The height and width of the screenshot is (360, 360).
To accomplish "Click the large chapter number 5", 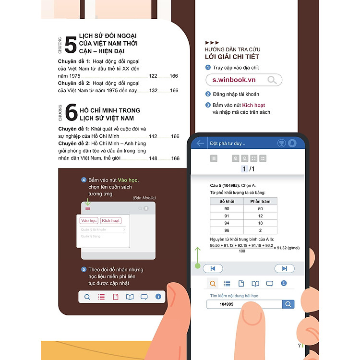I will pyautogui.click(x=71, y=45).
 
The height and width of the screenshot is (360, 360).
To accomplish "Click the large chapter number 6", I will pyautogui.click(x=71, y=113).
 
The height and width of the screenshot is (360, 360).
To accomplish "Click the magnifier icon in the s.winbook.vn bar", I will pyautogui.click(x=272, y=80).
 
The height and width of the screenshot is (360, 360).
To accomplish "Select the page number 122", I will pyautogui.click(x=153, y=76).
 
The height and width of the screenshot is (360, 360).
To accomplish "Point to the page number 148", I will pyautogui.click(x=153, y=158).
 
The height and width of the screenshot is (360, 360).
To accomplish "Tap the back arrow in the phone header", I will pyautogui.click(x=201, y=143).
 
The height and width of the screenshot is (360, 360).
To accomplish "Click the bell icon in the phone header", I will pyautogui.click(x=292, y=143).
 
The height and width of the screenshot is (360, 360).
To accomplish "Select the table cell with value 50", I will pyautogui.click(x=260, y=209).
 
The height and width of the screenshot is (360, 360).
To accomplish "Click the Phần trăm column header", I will pyautogui.click(x=260, y=201).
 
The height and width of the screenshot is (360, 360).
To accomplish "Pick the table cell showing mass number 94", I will pyautogui.click(x=227, y=223).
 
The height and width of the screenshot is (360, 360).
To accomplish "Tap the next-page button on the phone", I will pyautogui.click(x=284, y=268).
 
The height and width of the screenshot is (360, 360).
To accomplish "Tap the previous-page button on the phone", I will pyautogui.click(x=213, y=268).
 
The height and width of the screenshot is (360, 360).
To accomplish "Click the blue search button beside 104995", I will pyautogui.click(x=288, y=304).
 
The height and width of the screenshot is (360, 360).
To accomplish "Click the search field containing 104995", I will pyautogui.click(x=244, y=304).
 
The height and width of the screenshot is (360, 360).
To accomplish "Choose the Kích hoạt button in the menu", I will pyautogui.click(x=111, y=221).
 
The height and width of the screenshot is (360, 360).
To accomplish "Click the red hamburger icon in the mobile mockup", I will pyautogui.click(x=88, y=208).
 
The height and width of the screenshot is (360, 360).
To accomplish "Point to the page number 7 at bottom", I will pyautogui.click(x=299, y=346).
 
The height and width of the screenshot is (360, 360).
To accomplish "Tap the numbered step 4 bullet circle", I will pyautogui.click(x=84, y=180).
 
